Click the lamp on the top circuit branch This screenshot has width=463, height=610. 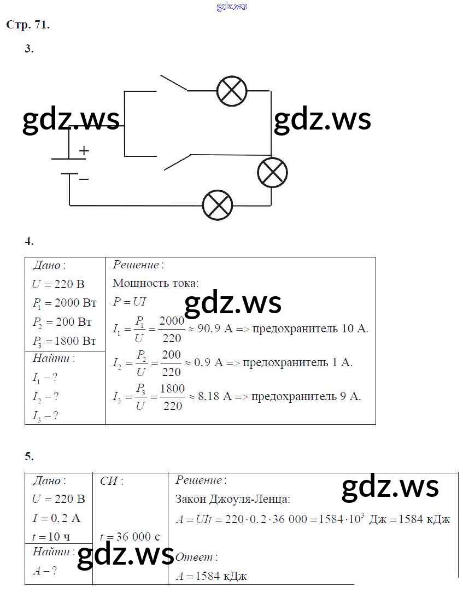point(232,91)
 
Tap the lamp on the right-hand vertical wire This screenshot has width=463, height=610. point(272,173)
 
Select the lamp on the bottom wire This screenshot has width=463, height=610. point(218,206)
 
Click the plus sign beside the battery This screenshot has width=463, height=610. point(84,150)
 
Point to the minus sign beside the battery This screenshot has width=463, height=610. point(84,178)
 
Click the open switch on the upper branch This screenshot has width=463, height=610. point(172,83)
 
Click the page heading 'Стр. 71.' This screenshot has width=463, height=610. point(28,25)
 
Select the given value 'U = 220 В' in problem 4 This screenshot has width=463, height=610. point(58,284)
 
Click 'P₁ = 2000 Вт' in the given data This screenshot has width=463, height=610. point(64,303)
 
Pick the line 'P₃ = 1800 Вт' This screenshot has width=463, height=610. point(64,342)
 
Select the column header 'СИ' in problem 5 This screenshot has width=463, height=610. point(112,481)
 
